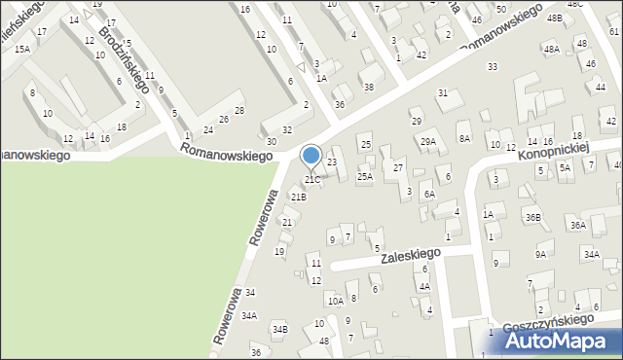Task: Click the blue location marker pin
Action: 311,157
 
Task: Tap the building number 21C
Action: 311,180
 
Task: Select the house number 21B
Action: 298,198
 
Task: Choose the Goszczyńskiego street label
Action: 547,320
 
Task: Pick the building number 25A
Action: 364,177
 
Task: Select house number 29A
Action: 428,142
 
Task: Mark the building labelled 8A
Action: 464,139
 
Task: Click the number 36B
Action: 532,217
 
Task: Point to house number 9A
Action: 540,255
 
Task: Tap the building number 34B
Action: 279,330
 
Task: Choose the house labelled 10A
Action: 335,302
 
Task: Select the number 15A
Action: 22,49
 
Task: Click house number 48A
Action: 551,49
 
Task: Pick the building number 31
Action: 442,93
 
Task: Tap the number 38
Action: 368,87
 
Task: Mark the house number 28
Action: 238,111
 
